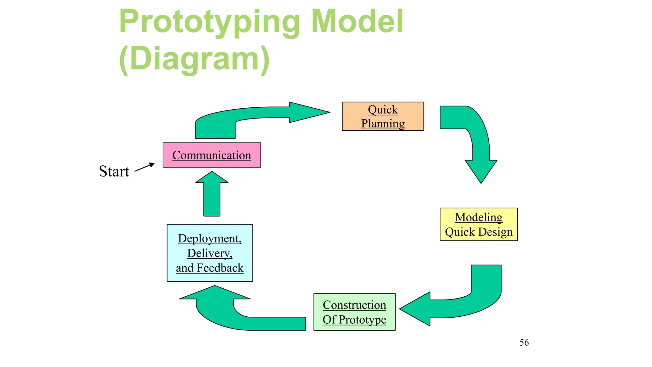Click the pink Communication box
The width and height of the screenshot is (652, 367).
(212, 155)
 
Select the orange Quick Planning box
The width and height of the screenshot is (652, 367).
(383, 116)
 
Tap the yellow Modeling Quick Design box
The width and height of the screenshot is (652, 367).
(478, 224)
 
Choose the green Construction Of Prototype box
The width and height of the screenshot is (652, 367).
(354, 312)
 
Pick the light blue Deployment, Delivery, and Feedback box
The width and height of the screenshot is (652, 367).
(210, 253)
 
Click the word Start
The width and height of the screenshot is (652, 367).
(114, 171)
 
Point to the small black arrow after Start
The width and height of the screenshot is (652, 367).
(145, 167)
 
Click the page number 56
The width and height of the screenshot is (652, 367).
(524, 342)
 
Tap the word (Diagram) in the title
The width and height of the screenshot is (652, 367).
(194, 59)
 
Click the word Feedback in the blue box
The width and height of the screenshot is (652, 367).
(220, 268)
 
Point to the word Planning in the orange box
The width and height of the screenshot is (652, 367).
(383, 123)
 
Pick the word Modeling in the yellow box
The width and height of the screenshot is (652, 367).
(478, 217)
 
